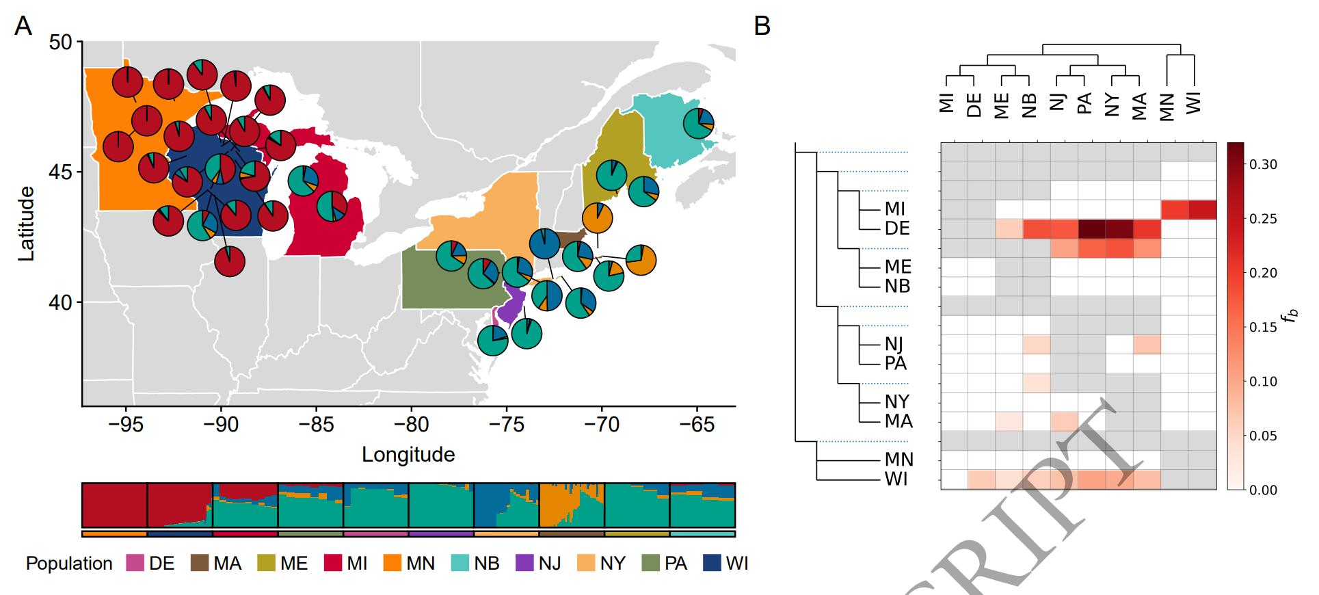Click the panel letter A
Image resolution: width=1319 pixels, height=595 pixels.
23,26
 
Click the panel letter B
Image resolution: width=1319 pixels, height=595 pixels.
762,26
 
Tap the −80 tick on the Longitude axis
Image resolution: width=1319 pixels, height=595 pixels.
411,425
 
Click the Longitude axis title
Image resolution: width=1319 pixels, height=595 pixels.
408,455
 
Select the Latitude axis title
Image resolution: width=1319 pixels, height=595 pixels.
26,223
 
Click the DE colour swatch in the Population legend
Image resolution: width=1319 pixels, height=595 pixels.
135,564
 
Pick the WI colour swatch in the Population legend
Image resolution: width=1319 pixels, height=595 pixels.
712,564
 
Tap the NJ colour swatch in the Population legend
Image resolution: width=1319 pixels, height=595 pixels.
524,564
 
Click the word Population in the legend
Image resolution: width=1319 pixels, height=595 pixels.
69,564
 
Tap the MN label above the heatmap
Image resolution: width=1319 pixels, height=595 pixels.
1167,107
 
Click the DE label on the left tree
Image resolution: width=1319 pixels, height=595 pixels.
898,228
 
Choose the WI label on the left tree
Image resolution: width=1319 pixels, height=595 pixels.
896,479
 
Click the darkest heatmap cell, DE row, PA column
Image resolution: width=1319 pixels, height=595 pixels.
1092,229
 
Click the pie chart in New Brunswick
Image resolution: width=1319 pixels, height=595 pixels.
699,124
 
